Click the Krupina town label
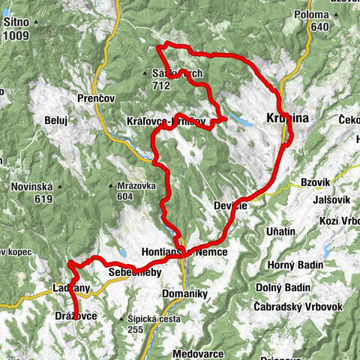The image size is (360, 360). [x=287, y=118]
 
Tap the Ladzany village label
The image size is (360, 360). [x=72, y=288]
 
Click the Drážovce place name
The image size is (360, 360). [x=76, y=316]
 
